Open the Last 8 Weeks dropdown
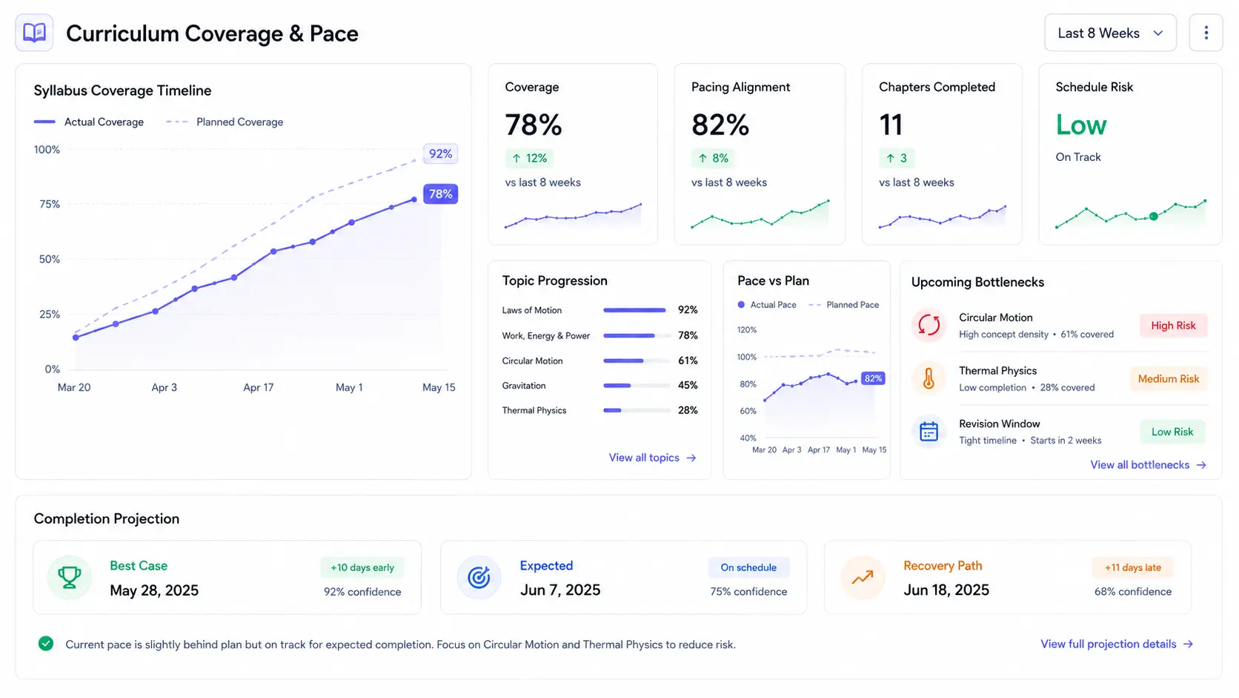[x=1110, y=33]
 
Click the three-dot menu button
[x=1206, y=33]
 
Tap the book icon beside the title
[x=34, y=33]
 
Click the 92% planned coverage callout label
[x=440, y=154]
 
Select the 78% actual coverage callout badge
[x=440, y=194]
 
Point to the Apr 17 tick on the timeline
[x=259, y=387]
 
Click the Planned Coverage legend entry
[x=225, y=122]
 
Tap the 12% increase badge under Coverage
[x=529, y=158]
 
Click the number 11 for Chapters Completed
[x=891, y=125]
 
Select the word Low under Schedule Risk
[x=1081, y=125]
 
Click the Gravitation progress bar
[x=637, y=385]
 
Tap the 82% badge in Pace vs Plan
[x=873, y=378]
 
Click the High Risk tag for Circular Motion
[x=1173, y=326]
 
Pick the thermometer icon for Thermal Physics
[x=929, y=379]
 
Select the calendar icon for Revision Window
[x=929, y=432]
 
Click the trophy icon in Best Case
[x=70, y=577]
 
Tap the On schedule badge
[x=748, y=567]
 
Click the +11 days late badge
[x=1132, y=567]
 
